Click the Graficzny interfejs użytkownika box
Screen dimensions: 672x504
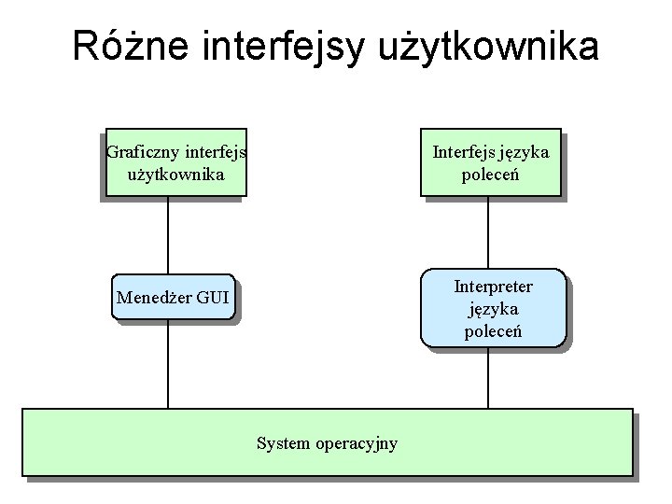click(x=175, y=162)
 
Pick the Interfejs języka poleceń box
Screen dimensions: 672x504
click(x=490, y=162)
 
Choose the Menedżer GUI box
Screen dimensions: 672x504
click(x=173, y=298)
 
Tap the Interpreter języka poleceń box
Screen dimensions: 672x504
click(x=493, y=308)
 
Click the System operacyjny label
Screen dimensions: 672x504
click(x=327, y=443)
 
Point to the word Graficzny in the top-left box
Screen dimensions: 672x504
click(x=144, y=152)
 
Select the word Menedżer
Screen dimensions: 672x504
click(x=153, y=299)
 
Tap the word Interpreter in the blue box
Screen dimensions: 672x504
click(x=493, y=287)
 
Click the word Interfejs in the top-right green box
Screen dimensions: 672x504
click(x=463, y=152)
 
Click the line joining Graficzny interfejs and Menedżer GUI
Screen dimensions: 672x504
click(x=168, y=235)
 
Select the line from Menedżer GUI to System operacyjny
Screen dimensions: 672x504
click(x=168, y=364)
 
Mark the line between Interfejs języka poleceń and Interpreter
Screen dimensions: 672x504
click(x=488, y=232)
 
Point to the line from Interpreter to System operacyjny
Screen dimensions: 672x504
click(x=488, y=378)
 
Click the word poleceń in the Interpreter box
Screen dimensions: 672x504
click(x=493, y=331)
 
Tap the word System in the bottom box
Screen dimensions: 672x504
click(x=283, y=443)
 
